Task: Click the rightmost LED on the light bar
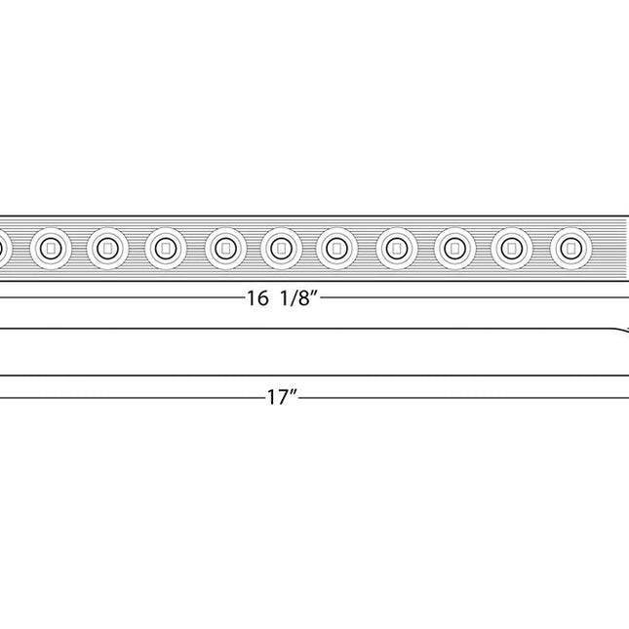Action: coord(570,249)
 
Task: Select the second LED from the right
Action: coord(512,249)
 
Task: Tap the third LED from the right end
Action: coord(453,249)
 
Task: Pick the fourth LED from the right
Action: coord(396,249)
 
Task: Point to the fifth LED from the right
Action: coord(338,249)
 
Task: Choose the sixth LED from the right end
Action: coord(281,249)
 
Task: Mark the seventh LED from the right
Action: coord(224,249)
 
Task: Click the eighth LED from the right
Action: coord(166,249)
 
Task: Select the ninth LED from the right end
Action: coord(107,249)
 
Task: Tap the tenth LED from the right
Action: coord(50,249)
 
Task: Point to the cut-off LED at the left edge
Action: coord(3,249)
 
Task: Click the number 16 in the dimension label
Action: coord(256,299)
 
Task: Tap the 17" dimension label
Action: coord(281,398)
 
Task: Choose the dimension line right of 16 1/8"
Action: coord(478,299)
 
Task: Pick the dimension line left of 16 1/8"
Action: coord(117,299)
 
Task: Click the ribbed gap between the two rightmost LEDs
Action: coord(541,249)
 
